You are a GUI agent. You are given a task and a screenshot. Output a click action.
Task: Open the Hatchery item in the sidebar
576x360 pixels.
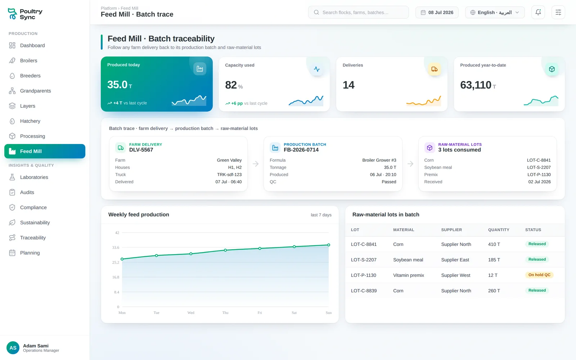click(30, 121)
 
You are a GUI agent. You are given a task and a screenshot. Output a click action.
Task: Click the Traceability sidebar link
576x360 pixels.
click(33, 238)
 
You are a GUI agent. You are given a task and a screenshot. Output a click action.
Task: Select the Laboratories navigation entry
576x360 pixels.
click(34, 177)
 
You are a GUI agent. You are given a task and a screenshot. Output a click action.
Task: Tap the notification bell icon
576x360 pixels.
click(538, 12)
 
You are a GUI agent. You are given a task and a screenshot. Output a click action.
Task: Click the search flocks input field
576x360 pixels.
click(358, 12)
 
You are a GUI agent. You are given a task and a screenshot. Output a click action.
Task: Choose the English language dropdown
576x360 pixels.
click(495, 12)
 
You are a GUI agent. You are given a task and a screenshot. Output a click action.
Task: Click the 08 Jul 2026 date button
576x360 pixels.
click(437, 12)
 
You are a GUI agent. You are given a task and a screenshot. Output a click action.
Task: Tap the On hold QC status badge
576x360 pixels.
click(539, 275)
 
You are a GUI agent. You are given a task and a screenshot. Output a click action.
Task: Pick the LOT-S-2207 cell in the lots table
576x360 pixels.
click(364, 260)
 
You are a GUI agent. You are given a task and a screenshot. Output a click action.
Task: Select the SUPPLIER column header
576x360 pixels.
click(451, 230)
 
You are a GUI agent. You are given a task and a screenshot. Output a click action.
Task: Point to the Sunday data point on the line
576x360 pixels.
click(329, 245)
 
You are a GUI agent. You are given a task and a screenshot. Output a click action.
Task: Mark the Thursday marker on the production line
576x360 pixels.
click(225, 250)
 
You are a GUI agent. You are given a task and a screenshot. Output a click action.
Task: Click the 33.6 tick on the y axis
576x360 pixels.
click(116, 248)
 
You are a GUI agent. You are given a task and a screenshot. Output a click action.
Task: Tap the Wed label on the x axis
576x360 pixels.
click(191, 313)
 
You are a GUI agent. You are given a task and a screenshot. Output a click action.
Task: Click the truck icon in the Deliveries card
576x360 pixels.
click(434, 69)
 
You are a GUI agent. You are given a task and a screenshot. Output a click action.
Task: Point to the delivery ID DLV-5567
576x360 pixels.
click(141, 150)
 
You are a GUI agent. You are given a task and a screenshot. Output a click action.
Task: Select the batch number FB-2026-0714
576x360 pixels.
click(301, 150)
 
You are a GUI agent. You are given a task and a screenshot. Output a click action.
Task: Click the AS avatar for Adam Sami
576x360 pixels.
click(13, 348)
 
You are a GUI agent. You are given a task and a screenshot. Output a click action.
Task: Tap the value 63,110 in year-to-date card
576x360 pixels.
click(476, 85)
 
